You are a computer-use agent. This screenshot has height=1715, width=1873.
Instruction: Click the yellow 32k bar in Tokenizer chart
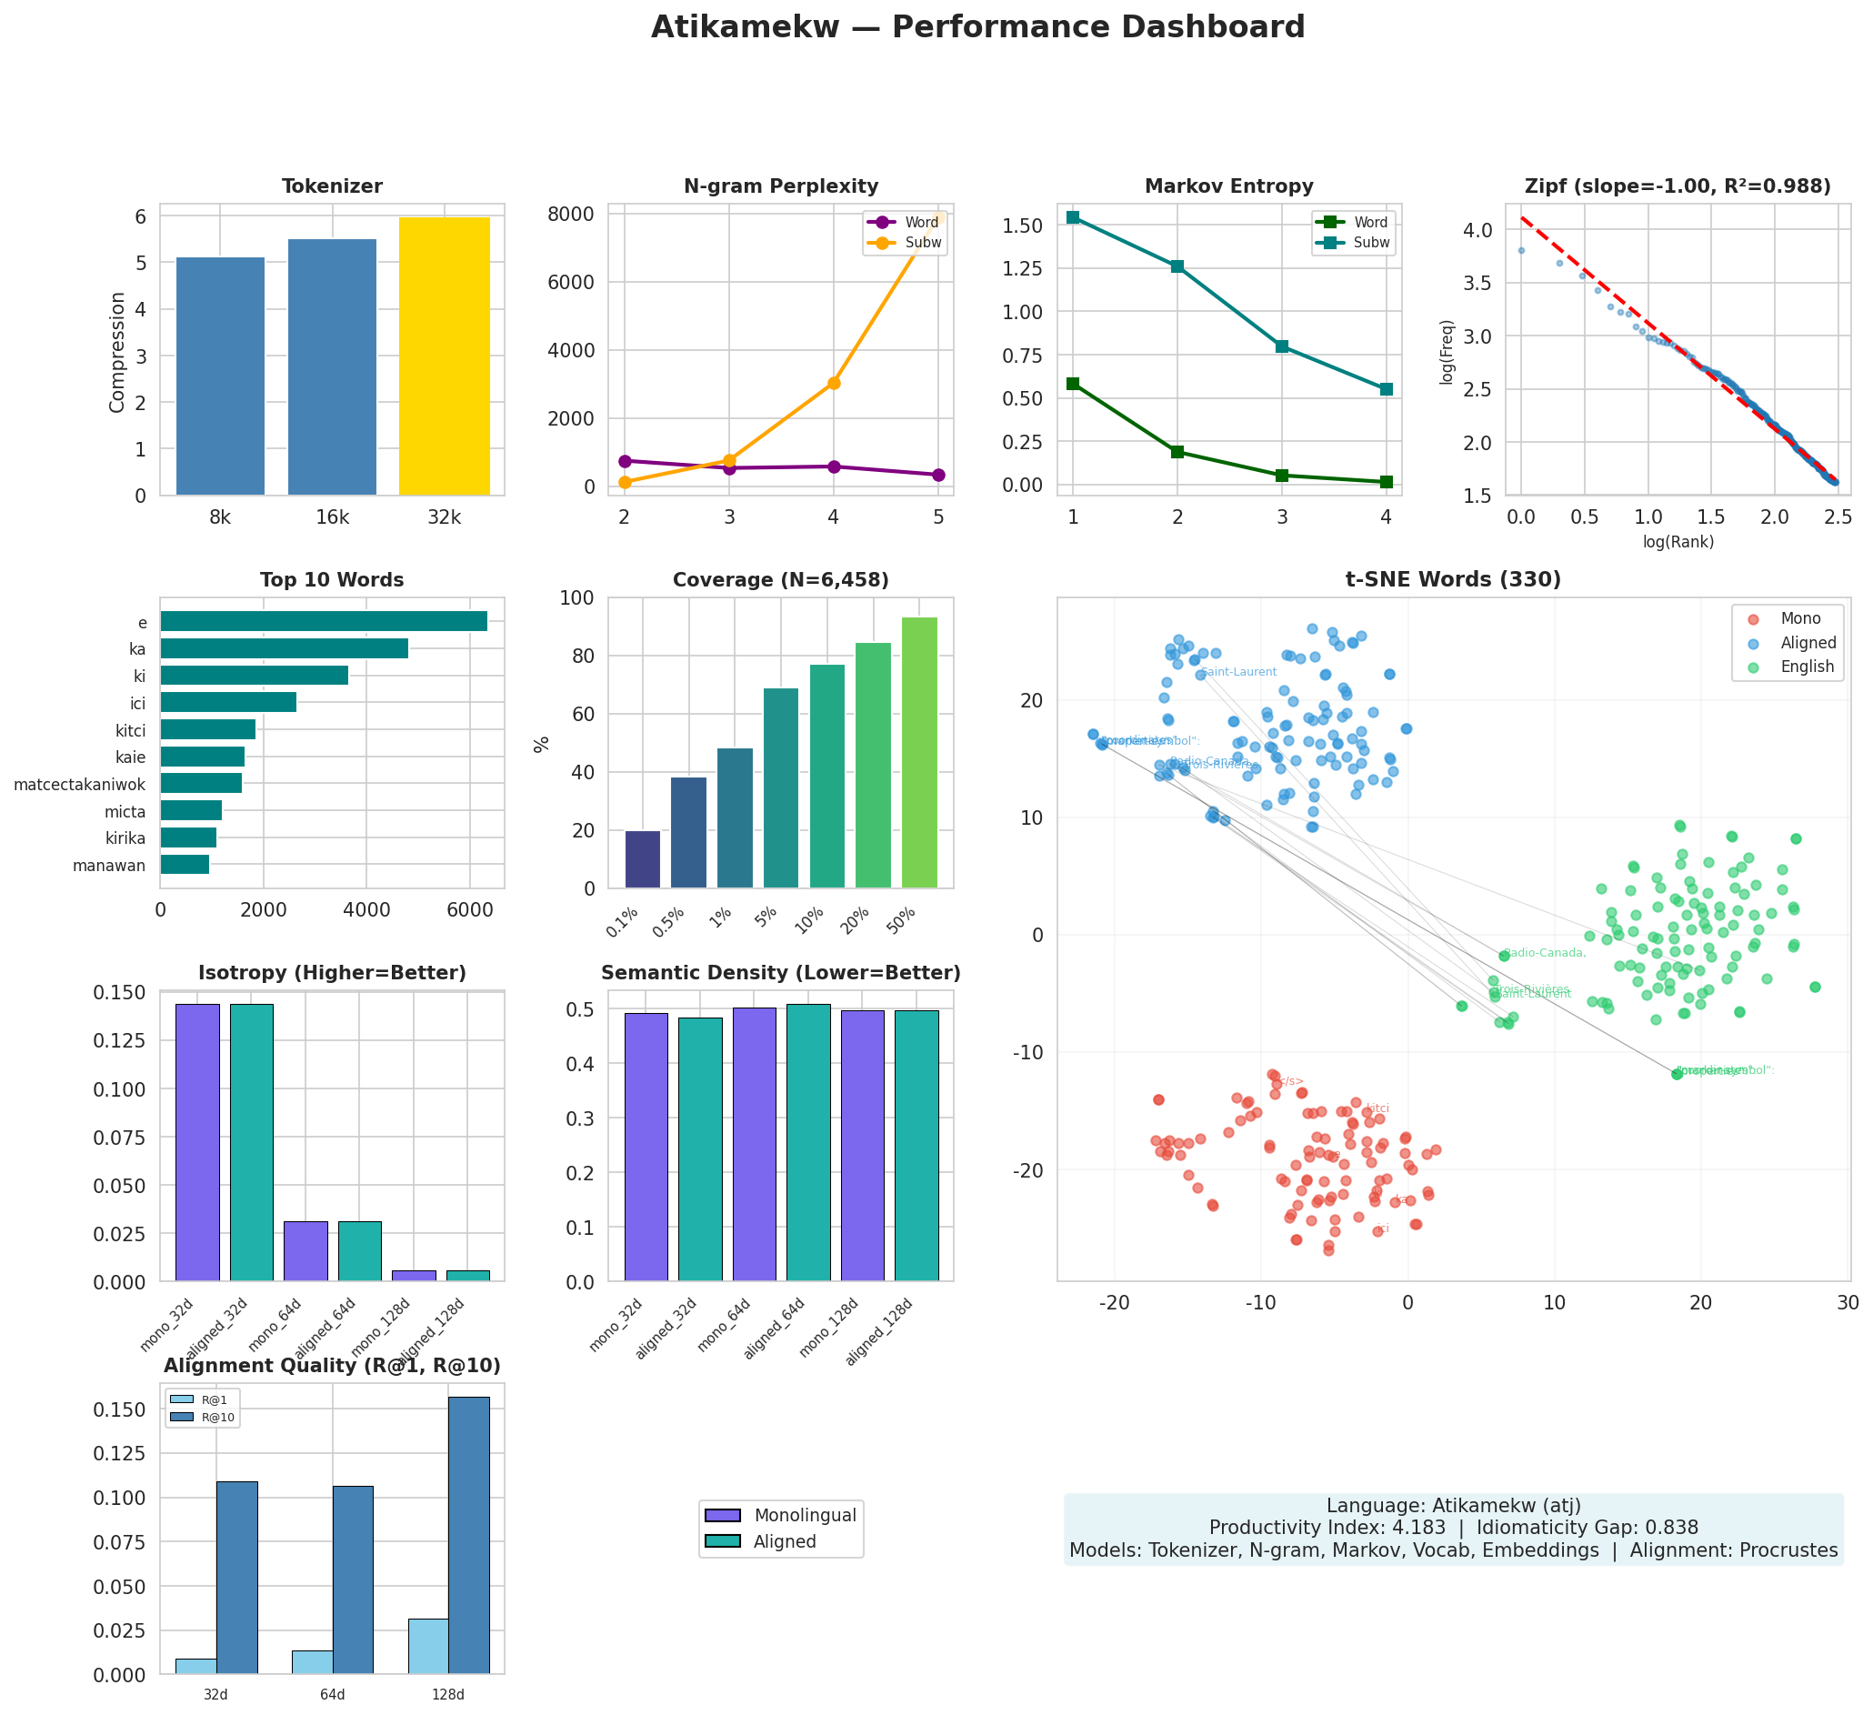pos(444,356)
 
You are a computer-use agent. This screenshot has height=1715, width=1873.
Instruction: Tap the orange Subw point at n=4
pos(834,383)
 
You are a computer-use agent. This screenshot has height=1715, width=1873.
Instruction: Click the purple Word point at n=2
pos(625,461)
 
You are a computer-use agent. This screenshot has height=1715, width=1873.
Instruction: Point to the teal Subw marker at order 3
pos(1282,346)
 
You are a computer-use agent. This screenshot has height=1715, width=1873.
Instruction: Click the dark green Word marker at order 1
pos(1073,383)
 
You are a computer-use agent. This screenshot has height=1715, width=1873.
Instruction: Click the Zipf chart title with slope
pos(1678,186)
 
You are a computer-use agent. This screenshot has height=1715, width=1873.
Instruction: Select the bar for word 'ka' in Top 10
pos(285,648)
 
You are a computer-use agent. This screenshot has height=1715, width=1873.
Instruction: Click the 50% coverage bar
pos(919,753)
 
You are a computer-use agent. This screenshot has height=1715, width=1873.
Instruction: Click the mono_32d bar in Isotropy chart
pos(198,1143)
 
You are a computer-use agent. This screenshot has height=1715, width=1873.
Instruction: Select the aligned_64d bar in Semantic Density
pos(808,1143)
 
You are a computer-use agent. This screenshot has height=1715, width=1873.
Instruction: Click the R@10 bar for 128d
pos(469,1536)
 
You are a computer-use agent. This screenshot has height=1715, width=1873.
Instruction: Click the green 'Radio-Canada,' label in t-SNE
pos(1544,952)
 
